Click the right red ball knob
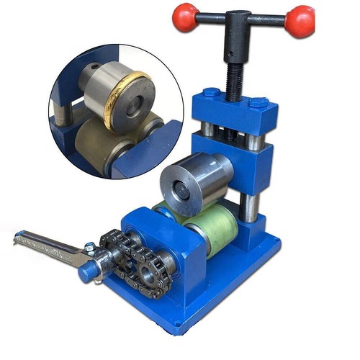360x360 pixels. point(299,22)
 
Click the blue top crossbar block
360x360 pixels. point(234,112)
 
